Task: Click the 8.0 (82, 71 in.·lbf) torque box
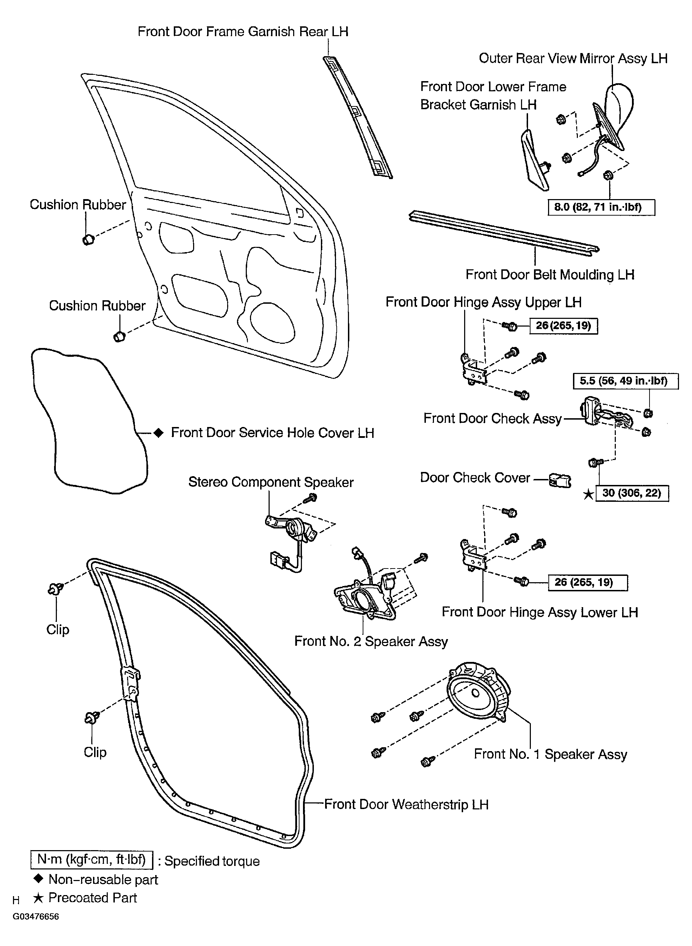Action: [x=601, y=207]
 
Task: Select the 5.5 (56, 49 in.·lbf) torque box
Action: [x=625, y=381]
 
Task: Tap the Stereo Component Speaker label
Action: [x=271, y=482]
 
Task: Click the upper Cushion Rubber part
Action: [x=88, y=239]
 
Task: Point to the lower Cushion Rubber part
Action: [x=119, y=336]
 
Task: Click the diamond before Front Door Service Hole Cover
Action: [x=158, y=432]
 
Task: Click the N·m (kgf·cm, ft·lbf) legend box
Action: [x=92, y=860]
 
